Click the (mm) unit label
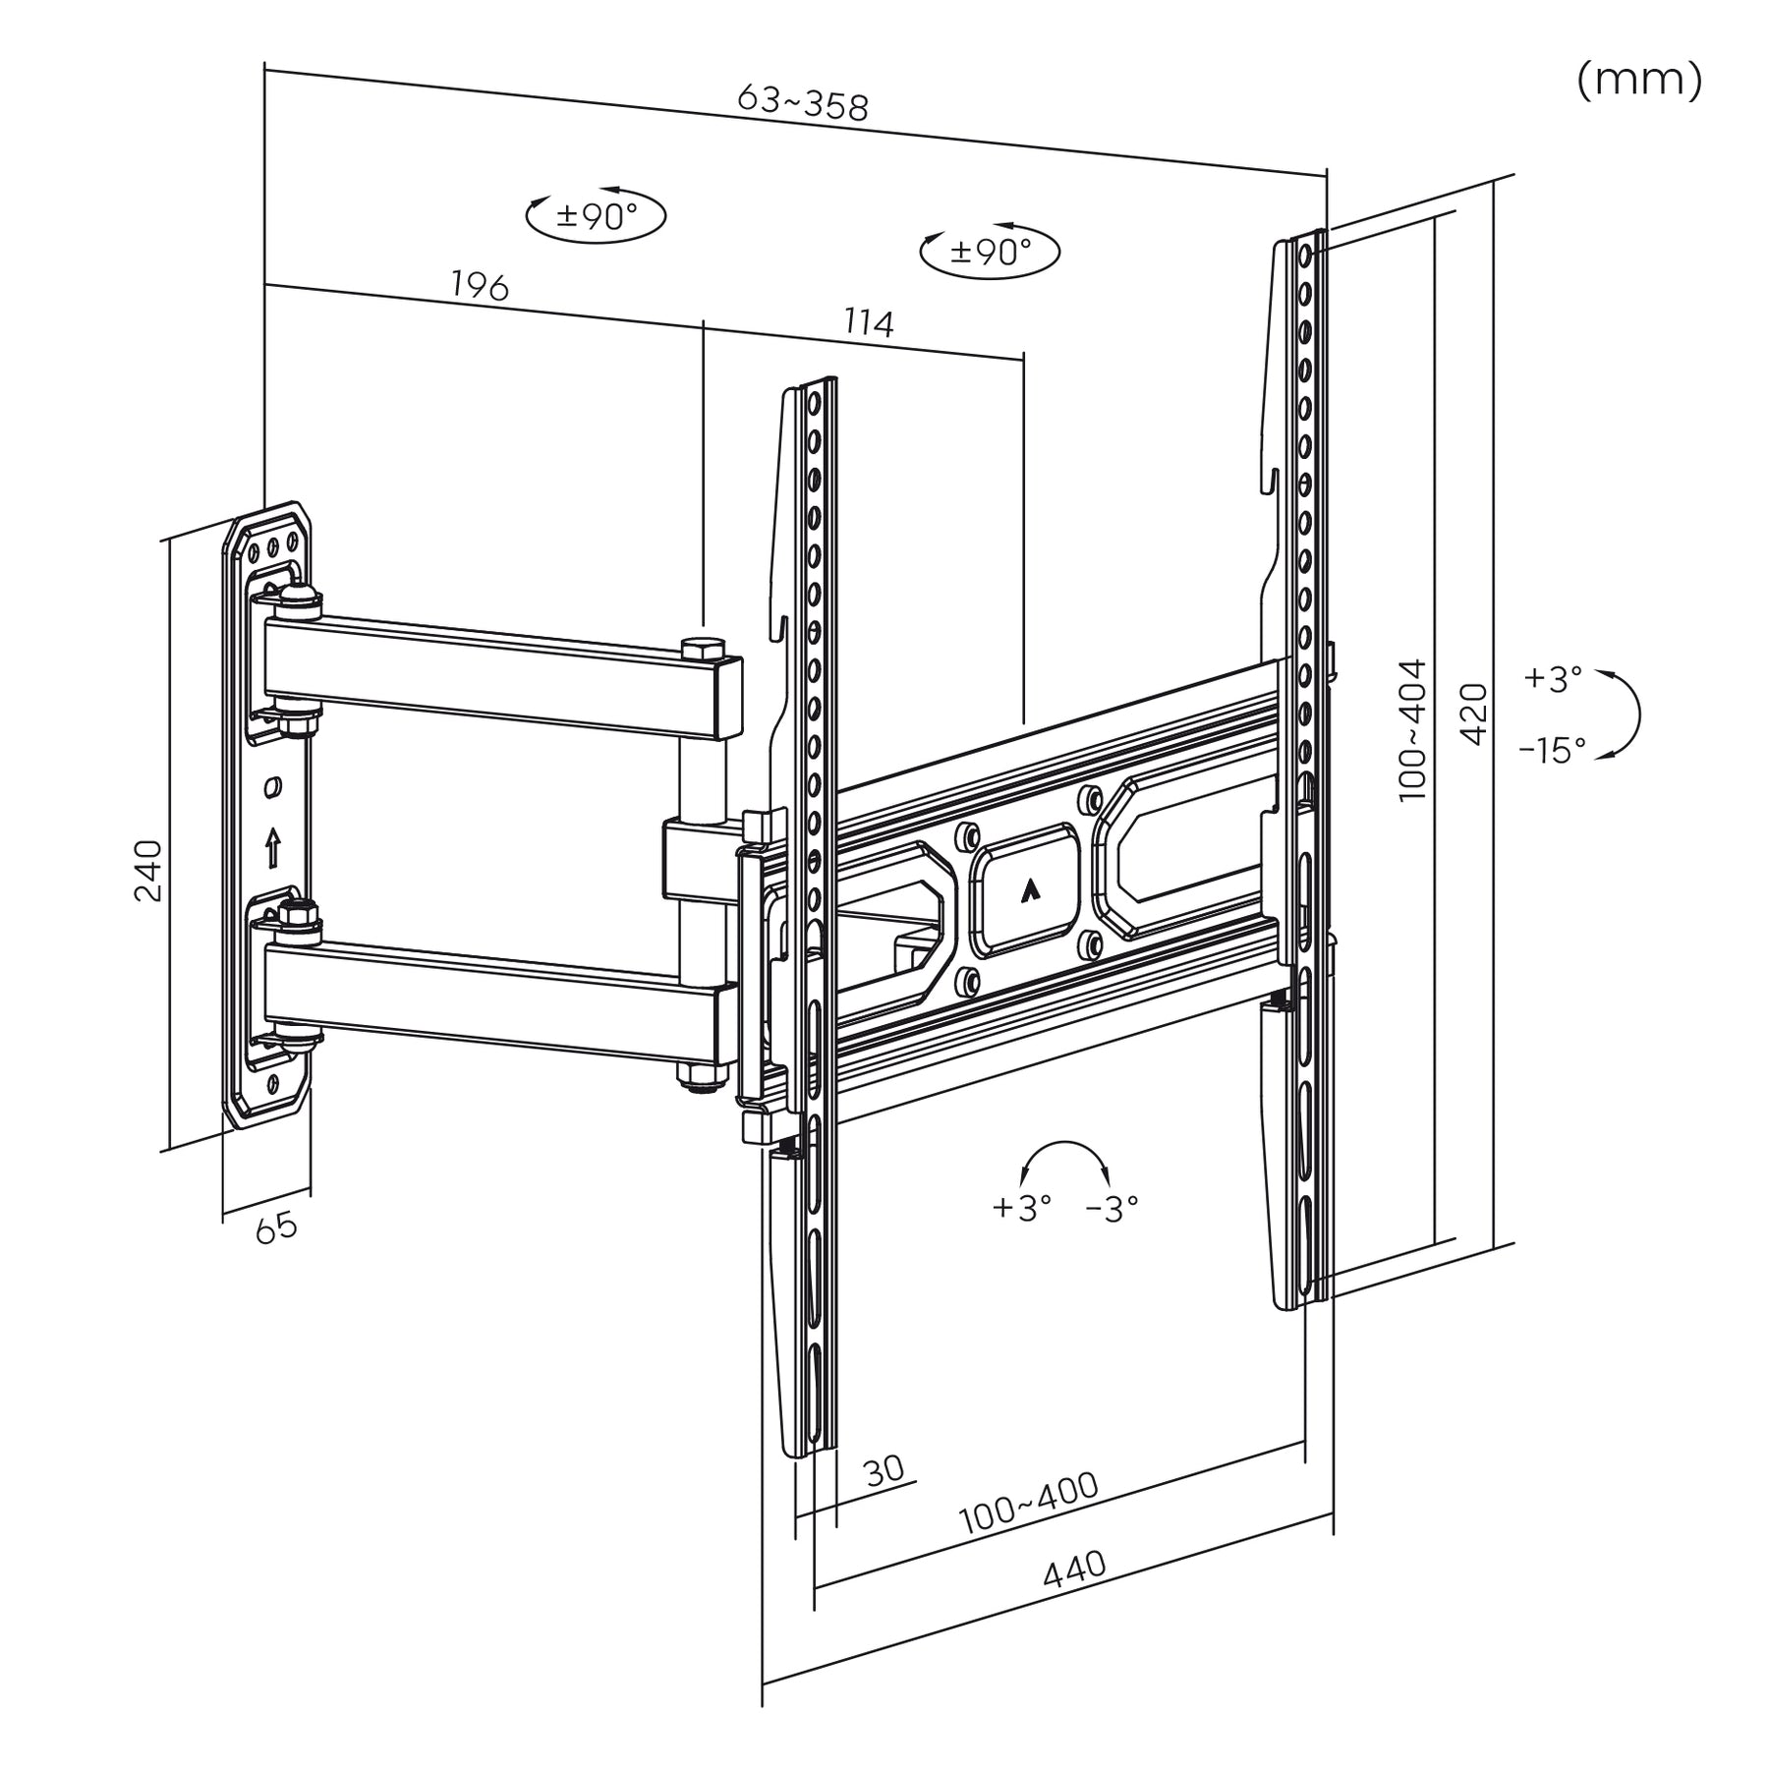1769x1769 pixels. (x=1638, y=81)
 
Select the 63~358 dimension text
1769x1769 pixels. (x=803, y=102)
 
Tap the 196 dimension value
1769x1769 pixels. (x=480, y=285)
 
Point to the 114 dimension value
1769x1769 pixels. (x=869, y=321)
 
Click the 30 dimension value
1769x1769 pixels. (x=884, y=1470)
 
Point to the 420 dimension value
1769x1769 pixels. (x=1474, y=713)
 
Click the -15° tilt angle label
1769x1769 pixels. (x=1552, y=751)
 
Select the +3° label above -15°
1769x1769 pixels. (x=1553, y=679)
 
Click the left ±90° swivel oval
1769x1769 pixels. (x=597, y=215)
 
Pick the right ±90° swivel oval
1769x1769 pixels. (x=990, y=252)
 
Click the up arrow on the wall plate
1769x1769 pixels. (x=272, y=847)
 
